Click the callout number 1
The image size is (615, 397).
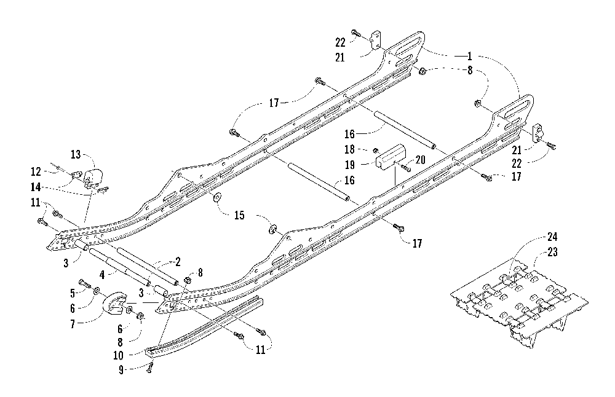(x=469, y=56)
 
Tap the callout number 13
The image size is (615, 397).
(x=76, y=154)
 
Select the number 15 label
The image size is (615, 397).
(x=239, y=215)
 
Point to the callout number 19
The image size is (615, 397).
(x=349, y=165)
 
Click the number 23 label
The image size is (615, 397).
(x=552, y=252)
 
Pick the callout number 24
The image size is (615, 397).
(x=552, y=237)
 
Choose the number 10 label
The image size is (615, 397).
(x=118, y=355)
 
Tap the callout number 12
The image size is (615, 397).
(x=36, y=171)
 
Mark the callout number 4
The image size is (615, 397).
(x=102, y=275)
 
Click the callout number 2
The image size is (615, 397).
(x=178, y=262)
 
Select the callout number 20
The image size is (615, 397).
(x=421, y=160)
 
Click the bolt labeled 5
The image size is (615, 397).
(x=85, y=283)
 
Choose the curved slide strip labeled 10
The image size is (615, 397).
(x=204, y=327)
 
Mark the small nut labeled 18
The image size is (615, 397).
(x=375, y=150)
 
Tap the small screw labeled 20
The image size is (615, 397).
(x=405, y=168)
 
